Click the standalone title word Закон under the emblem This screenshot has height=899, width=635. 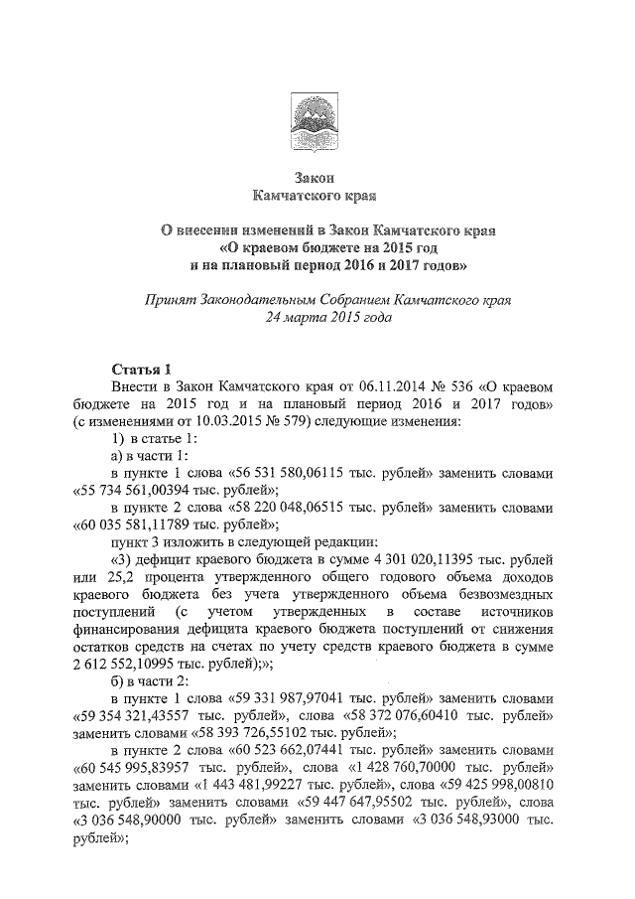(316, 179)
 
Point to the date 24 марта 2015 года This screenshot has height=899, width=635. (317, 319)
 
